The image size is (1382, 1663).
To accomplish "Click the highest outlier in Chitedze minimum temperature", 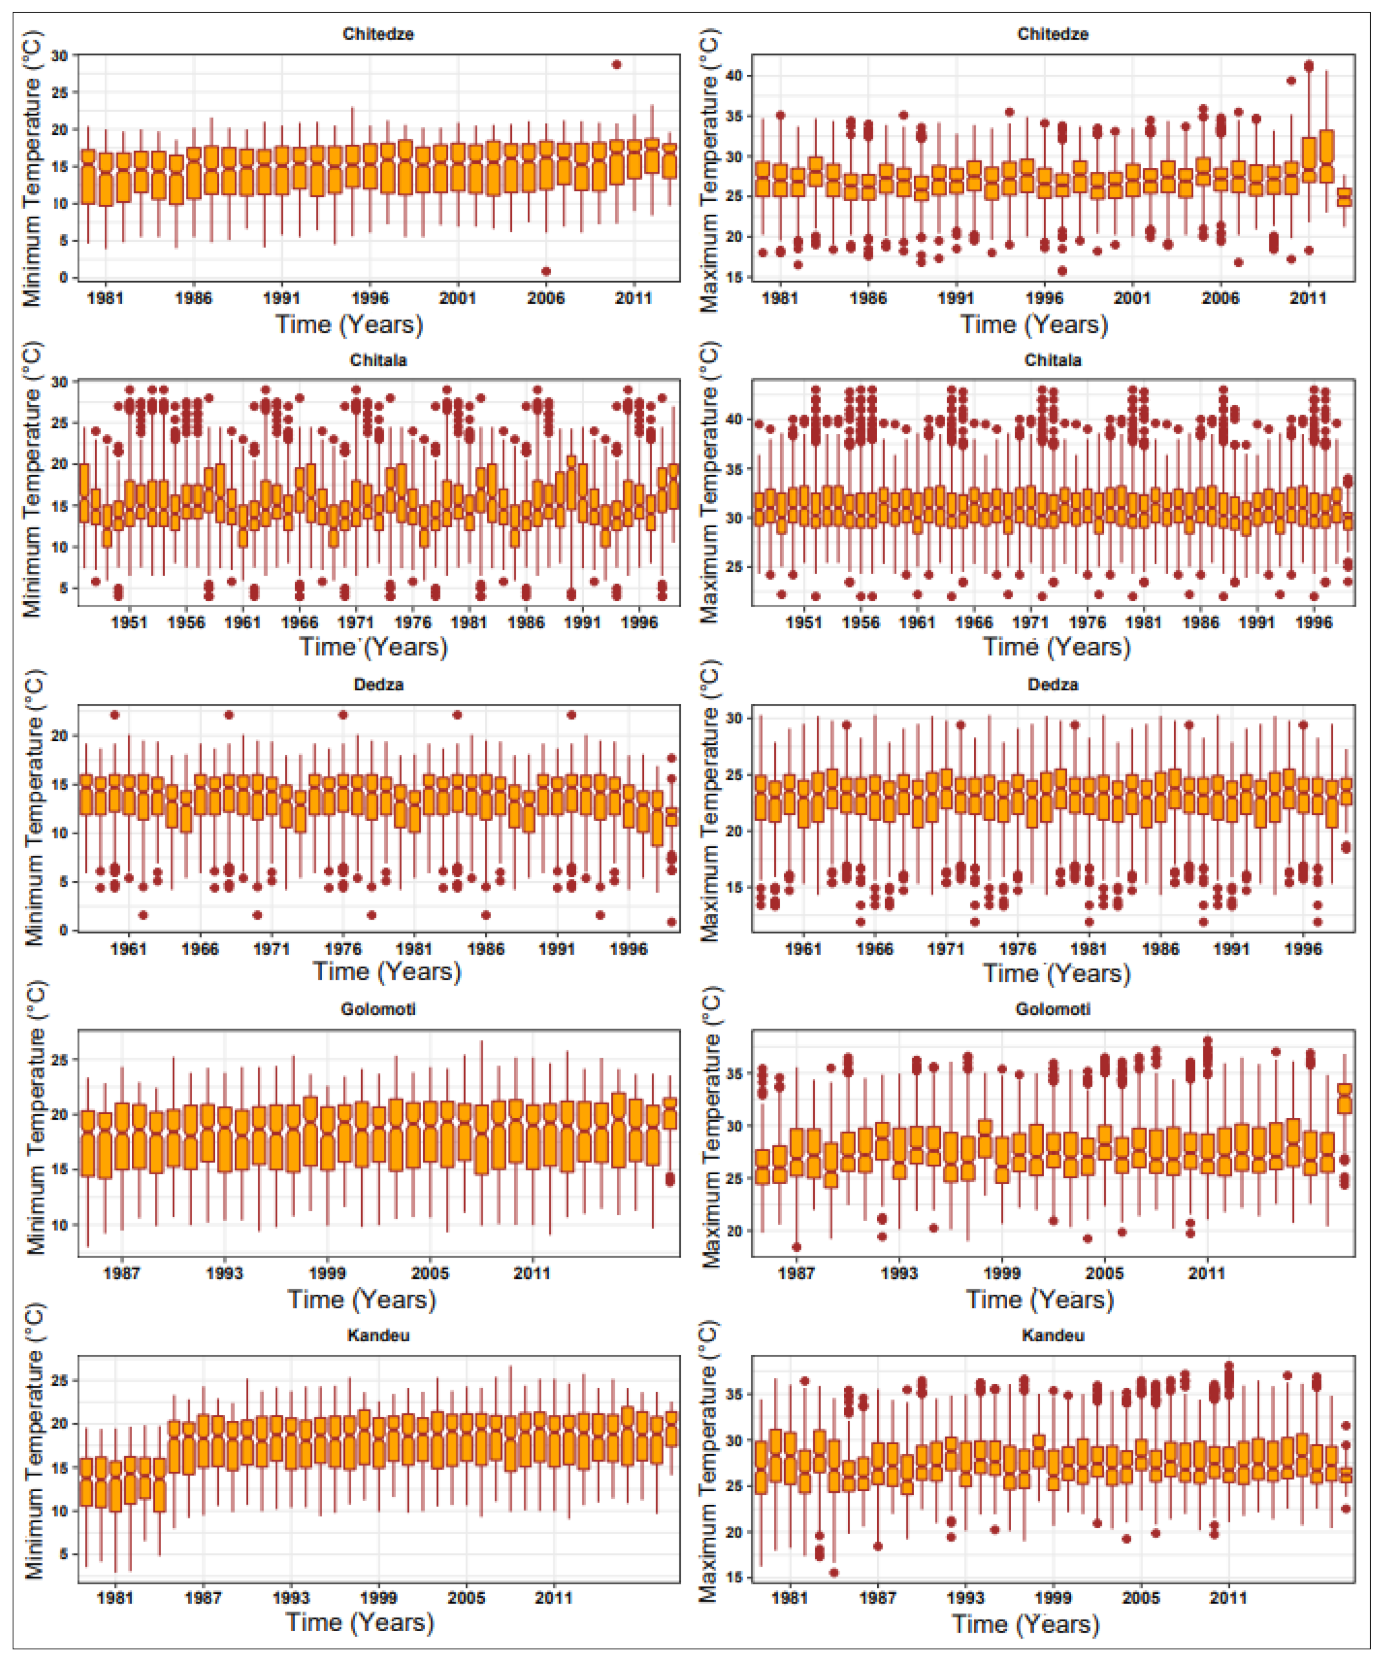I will (x=616, y=64).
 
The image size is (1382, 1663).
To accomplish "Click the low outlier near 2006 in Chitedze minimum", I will (x=546, y=271).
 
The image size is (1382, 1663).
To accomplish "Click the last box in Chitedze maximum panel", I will (x=1344, y=197).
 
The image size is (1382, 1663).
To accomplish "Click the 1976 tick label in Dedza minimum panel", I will (x=342, y=949).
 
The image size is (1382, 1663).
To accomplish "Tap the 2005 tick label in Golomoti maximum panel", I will (x=1104, y=1273).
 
